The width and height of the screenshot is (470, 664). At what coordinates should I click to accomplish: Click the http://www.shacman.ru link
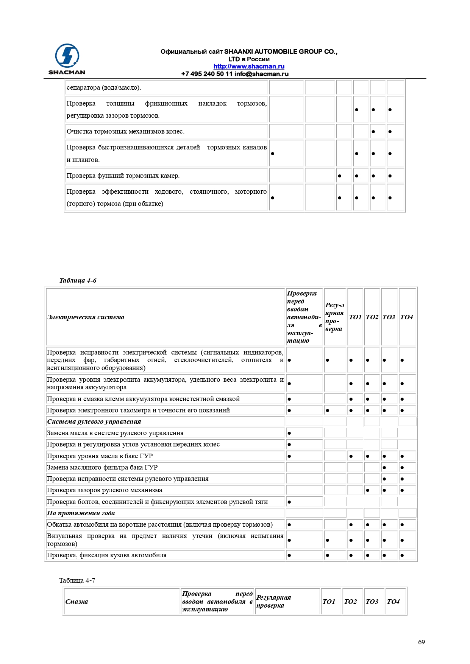tap(249, 67)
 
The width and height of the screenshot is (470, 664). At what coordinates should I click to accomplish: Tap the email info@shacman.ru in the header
tap(261, 74)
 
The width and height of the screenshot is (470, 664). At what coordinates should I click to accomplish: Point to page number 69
tap(421, 642)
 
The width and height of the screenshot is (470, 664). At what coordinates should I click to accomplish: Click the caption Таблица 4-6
tap(78, 280)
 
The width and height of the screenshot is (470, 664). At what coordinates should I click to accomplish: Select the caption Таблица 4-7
tap(77, 580)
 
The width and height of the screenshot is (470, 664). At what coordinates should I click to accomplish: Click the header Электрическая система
tap(86, 317)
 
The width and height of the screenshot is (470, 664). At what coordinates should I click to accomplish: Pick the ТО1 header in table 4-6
tap(355, 317)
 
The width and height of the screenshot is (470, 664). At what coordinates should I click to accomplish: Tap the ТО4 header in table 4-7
tap(393, 602)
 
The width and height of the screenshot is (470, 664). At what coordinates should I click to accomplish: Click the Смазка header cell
tap(77, 602)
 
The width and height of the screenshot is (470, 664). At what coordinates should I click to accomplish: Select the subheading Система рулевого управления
tap(94, 421)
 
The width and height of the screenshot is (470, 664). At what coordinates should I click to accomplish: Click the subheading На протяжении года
tap(81, 513)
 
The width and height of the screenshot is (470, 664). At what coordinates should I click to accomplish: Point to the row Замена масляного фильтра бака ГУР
tap(102, 467)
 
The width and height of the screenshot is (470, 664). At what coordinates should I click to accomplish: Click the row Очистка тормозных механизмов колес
tap(125, 132)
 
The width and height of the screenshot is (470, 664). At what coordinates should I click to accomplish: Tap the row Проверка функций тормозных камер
tap(123, 176)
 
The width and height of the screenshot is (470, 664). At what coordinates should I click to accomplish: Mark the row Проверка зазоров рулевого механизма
tap(105, 490)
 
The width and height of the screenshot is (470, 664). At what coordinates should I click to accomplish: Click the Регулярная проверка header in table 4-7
tap(273, 602)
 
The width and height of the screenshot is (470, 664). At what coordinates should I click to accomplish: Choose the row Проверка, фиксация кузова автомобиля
tap(107, 555)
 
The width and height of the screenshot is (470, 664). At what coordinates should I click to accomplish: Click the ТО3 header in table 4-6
tap(389, 317)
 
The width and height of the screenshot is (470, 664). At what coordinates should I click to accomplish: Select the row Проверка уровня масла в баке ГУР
tap(100, 456)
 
